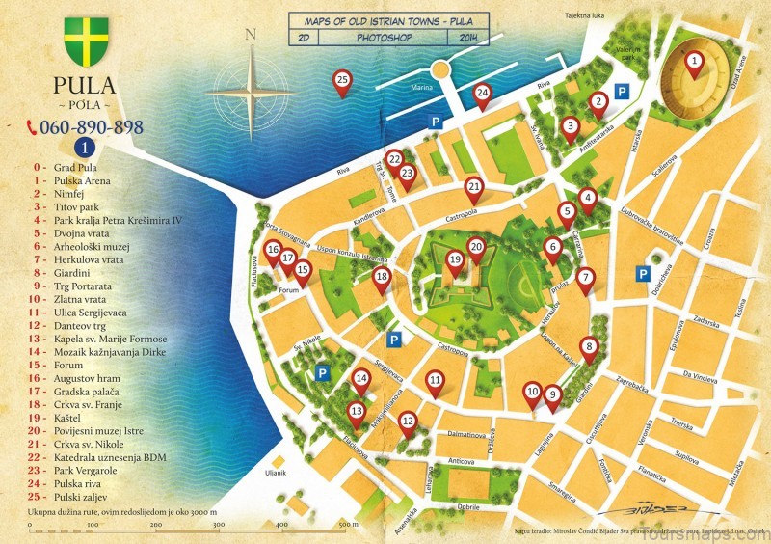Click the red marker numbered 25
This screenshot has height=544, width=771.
point(341,81)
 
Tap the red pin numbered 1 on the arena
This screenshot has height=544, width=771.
point(694,63)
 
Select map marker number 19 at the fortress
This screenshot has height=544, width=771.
point(455,259)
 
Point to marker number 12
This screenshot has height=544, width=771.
point(408,421)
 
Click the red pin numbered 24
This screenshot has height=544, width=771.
point(483,94)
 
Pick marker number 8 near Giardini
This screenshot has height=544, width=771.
point(589,347)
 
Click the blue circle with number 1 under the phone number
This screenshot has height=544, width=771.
point(85,147)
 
